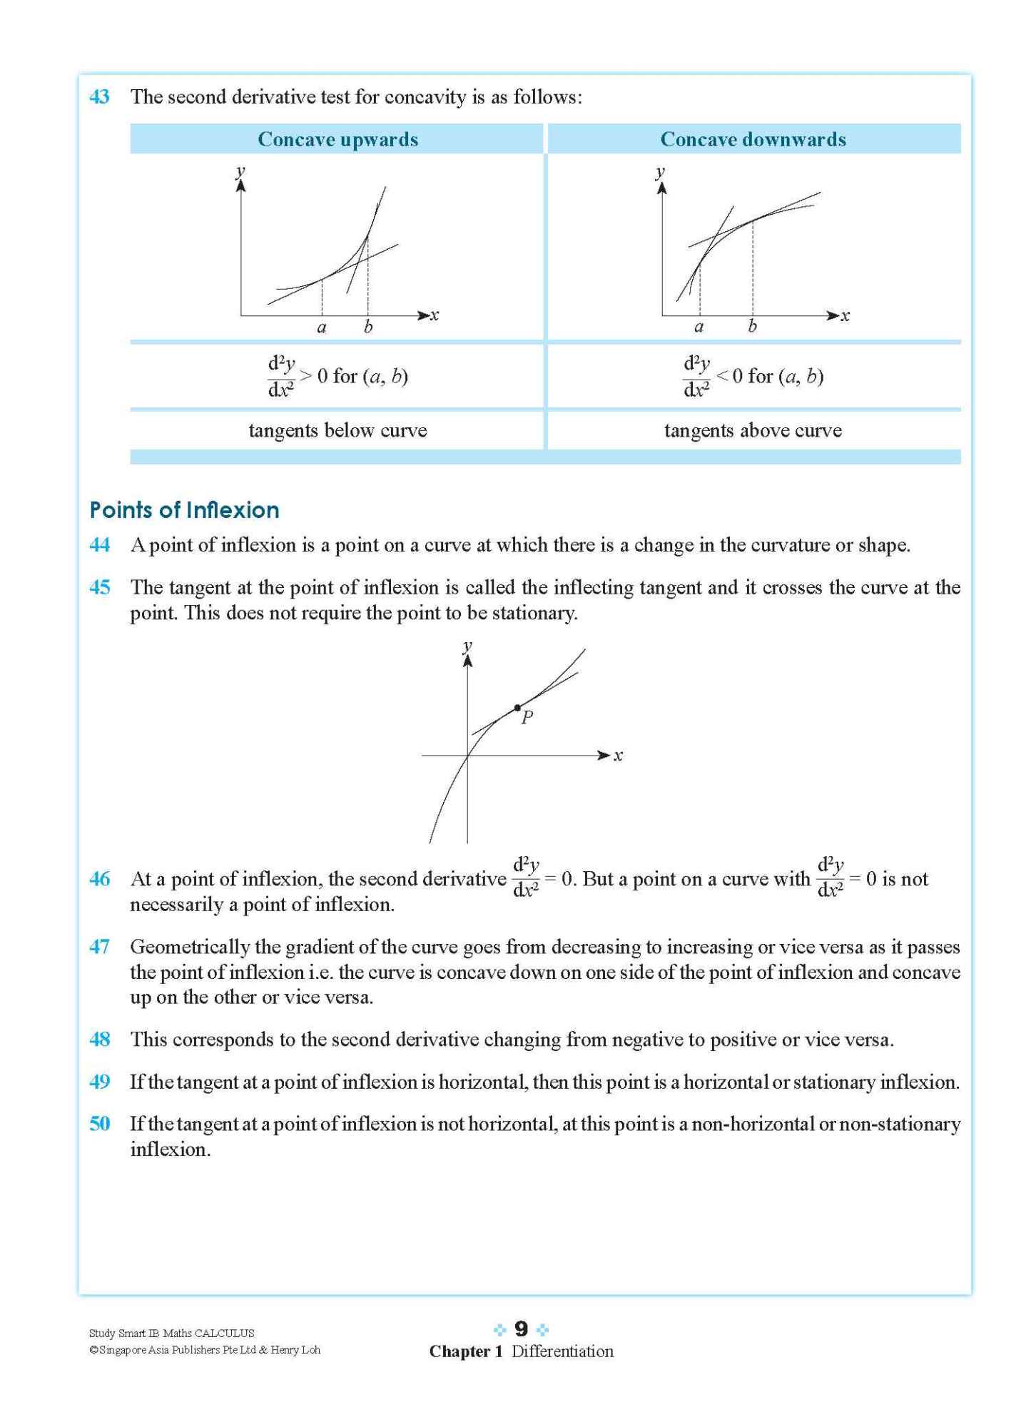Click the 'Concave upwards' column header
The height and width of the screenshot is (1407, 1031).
point(337,139)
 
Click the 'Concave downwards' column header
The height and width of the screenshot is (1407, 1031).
point(753,139)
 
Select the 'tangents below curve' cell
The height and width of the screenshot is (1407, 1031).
point(337,430)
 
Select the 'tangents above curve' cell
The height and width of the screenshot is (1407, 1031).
point(753,430)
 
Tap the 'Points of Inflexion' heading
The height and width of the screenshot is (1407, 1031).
point(184,510)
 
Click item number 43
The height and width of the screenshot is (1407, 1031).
point(99,97)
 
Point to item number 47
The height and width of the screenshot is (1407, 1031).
point(99,947)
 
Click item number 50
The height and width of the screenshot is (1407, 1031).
point(99,1124)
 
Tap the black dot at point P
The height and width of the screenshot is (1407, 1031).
point(517,708)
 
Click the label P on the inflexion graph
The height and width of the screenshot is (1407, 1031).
point(527,718)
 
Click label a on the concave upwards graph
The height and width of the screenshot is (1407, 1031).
point(322,327)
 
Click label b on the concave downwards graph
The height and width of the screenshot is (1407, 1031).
point(752,327)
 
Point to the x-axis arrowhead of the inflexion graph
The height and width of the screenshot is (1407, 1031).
point(604,755)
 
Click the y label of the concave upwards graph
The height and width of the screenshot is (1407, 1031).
point(240,171)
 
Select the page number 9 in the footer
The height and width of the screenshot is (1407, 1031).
point(521,1329)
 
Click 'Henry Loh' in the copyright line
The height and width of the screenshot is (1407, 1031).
point(295,1350)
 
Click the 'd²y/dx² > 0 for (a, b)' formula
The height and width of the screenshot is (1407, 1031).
point(337,375)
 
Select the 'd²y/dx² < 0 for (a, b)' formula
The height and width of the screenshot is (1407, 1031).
point(753,375)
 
